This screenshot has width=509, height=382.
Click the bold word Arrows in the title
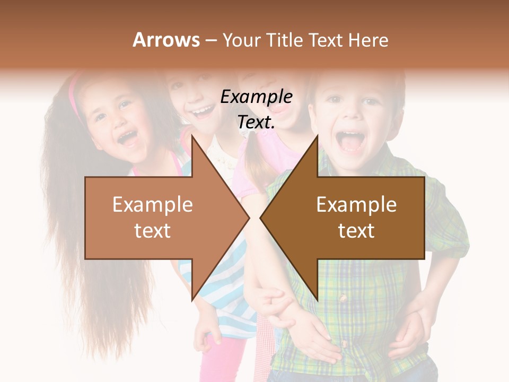click(166, 40)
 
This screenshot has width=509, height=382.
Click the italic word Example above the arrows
click(256, 97)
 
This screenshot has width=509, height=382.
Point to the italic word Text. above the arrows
click(256, 123)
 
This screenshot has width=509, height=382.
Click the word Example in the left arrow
click(153, 204)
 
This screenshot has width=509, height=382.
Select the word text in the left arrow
click(153, 231)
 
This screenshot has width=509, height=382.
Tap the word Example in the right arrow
click(356, 204)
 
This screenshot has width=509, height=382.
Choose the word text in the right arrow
click(356, 231)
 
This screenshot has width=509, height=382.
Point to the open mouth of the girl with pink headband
click(127, 138)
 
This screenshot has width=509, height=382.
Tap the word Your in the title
click(242, 40)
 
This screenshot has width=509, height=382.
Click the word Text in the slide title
click(326, 40)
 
